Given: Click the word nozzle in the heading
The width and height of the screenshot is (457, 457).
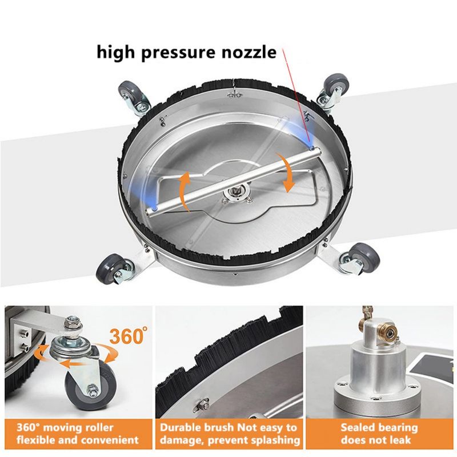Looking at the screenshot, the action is click(248, 53).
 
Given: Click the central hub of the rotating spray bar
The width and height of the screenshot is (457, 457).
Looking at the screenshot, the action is click(235, 193).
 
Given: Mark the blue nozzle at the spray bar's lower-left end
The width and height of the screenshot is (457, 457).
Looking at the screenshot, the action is click(154, 209).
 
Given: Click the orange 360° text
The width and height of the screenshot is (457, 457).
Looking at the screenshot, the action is click(127, 335).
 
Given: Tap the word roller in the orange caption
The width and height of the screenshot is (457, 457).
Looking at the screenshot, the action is click(99, 428).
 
